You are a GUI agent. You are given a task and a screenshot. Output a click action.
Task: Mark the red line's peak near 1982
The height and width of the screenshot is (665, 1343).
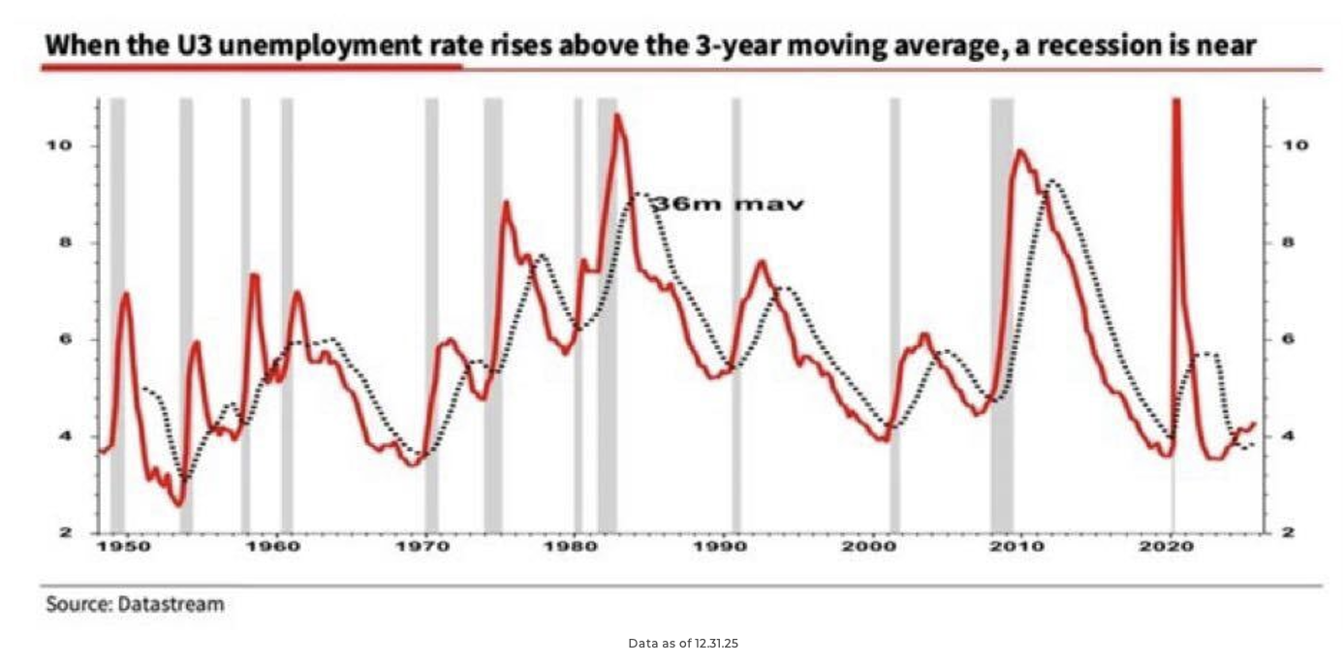[x=615, y=116]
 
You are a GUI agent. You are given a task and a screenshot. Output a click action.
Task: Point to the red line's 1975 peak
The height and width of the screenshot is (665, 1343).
[x=506, y=202]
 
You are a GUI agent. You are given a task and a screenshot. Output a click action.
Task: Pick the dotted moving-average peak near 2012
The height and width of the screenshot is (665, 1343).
[x=1053, y=182]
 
